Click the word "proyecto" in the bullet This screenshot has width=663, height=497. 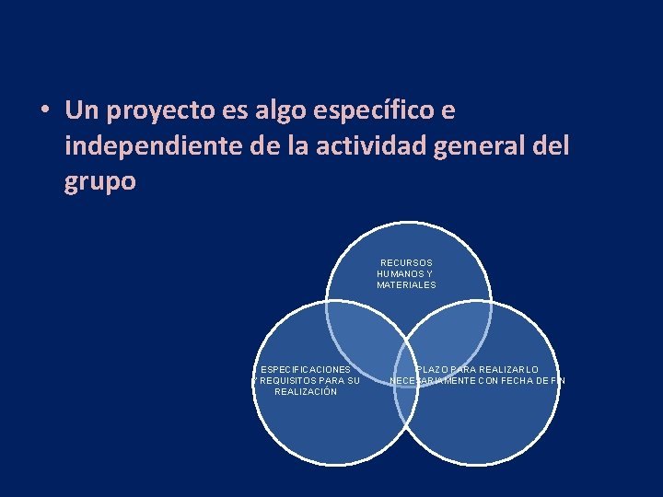159,112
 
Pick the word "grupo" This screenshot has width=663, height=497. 100,181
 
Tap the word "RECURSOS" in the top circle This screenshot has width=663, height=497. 406,263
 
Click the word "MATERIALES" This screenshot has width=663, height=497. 406,285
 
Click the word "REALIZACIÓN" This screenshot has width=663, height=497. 306,392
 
